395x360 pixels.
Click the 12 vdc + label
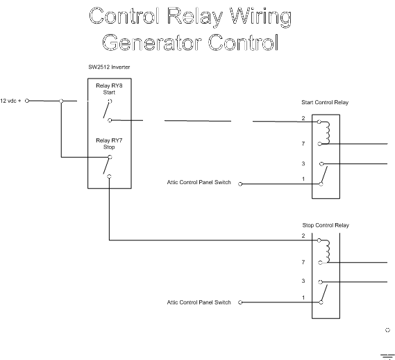[x=10, y=101]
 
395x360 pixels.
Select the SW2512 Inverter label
[x=109, y=67]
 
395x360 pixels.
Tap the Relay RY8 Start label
[x=109, y=89]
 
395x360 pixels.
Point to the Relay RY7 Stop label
[x=109, y=144]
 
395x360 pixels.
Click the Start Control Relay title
[x=325, y=102]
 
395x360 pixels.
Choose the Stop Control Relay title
[x=326, y=225]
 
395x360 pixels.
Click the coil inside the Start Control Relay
[x=327, y=133]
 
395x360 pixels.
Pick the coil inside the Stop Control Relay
[x=327, y=252]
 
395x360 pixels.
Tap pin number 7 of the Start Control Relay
[x=303, y=144]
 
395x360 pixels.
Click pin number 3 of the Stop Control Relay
[x=303, y=281]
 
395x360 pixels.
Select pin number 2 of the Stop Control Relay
[x=303, y=236]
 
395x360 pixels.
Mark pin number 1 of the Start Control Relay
[x=303, y=179]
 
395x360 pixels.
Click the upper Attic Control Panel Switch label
[x=199, y=182]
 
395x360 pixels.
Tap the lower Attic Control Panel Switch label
[x=199, y=302]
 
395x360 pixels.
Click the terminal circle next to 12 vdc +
[x=27, y=101]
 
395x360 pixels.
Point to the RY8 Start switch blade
[x=106, y=111]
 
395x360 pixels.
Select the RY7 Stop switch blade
[x=106, y=166]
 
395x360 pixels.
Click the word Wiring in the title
[x=261, y=17]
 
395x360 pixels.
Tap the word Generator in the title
[x=152, y=42]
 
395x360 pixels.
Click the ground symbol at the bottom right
[x=387, y=357]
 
